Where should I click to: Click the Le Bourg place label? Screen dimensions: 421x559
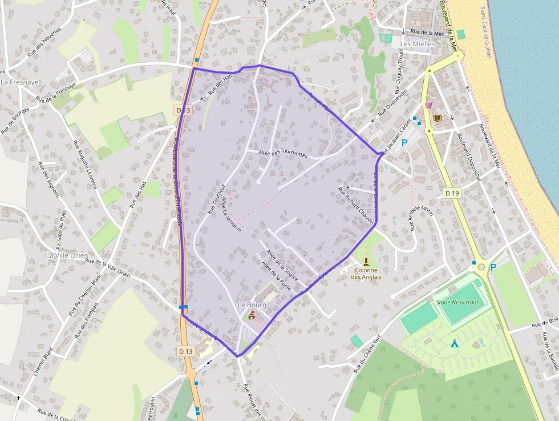point(252,305)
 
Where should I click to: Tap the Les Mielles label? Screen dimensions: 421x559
point(418,44)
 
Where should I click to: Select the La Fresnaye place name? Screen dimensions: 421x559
point(20,82)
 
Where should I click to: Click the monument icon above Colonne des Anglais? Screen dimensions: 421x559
point(366,261)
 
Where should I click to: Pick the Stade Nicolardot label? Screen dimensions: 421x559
point(456,302)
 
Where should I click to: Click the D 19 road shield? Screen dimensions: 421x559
point(452,193)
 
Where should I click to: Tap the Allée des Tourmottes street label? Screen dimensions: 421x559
point(283,154)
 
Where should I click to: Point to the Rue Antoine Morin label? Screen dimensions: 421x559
point(421,219)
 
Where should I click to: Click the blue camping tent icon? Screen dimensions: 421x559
point(454,344)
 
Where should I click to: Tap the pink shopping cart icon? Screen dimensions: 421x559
point(428,106)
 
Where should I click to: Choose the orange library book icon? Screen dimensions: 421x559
point(438,118)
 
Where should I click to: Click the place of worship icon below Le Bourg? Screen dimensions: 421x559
point(252,315)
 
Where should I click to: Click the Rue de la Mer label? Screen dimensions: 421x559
point(427,33)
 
